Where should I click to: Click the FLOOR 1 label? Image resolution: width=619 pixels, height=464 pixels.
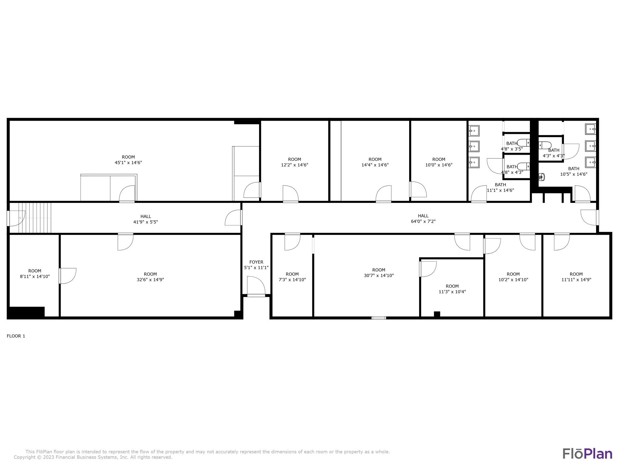point(16,336)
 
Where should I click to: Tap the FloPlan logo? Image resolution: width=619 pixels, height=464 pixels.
point(587,453)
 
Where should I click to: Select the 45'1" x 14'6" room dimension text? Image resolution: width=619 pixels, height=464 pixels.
point(128,162)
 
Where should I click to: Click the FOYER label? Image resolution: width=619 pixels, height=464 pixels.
point(256,262)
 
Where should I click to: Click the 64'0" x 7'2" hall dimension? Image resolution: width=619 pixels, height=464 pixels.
point(423,221)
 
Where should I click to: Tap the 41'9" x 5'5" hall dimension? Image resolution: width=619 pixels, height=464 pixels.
point(145,222)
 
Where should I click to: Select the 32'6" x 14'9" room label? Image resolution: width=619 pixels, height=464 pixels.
point(150,280)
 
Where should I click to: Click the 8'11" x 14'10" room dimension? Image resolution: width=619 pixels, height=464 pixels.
point(35,277)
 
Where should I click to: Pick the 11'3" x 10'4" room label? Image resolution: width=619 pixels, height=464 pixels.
point(452,292)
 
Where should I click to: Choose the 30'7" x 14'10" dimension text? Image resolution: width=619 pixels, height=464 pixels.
point(379,275)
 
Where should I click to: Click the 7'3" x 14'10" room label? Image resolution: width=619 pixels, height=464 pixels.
point(292,280)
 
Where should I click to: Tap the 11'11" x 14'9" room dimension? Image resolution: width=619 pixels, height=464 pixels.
point(576,280)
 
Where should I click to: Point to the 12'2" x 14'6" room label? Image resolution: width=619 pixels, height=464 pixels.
point(295,165)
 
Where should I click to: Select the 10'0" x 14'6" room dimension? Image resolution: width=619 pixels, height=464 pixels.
point(439,165)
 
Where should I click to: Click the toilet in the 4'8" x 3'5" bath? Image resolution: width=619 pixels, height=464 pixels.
point(524,143)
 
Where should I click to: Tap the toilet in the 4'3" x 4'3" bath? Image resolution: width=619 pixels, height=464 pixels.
point(545,145)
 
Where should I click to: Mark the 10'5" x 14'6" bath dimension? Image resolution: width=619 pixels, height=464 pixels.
point(574,174)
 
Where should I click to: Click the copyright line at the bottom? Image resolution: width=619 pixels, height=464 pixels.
point(93,457)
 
